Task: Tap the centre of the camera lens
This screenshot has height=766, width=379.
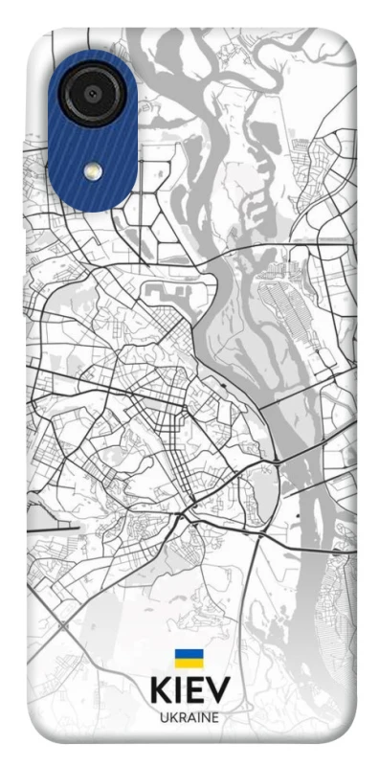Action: pos(92,93)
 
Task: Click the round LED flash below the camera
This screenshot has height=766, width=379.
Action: pos(93,170)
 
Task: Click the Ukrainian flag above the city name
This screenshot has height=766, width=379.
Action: pos(189,659)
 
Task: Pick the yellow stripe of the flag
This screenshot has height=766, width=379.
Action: pos(189,663)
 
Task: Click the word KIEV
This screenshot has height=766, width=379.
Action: pos(189,690)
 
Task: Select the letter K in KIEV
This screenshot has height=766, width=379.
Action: pos(161,690)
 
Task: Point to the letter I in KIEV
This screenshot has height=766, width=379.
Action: pos(179,690)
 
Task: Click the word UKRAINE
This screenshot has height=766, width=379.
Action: pos(189,717)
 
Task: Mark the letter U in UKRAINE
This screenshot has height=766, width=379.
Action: pos(164,717)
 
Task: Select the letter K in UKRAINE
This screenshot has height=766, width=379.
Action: pos(172,717)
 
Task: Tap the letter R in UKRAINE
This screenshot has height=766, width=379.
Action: pos(181,717)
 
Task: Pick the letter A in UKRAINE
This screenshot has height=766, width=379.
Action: pos(190,717)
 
